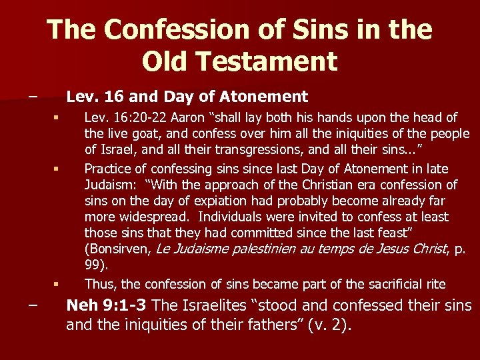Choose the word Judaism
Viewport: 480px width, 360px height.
115,185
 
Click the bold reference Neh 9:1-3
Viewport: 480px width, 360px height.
106,306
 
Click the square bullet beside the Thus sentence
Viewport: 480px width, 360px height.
58,285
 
